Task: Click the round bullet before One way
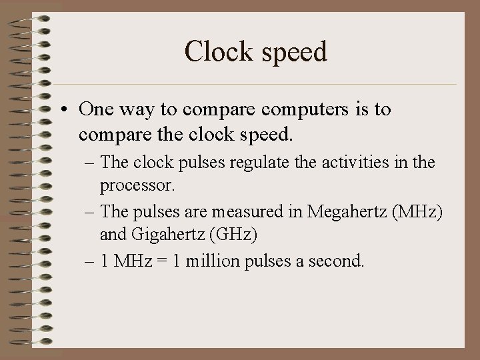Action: coord(67,109)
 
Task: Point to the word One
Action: coord(97,109)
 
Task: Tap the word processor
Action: coord(137,183)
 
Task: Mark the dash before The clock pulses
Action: coord(89,162)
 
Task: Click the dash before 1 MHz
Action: coord(89,261)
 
